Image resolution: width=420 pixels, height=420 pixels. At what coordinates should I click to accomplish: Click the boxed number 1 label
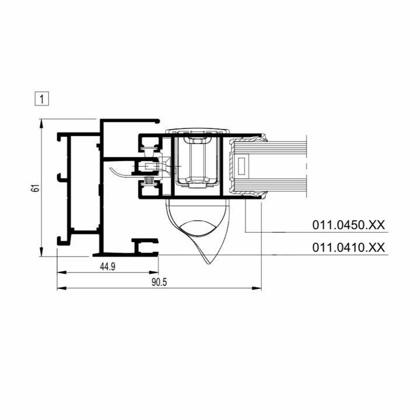(x=42, y=99)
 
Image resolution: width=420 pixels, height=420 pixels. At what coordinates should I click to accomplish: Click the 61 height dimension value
(x=35, y=188)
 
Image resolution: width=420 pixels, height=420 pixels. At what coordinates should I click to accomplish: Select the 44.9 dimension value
(x=108, y=266)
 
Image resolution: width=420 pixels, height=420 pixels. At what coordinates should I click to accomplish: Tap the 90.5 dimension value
(x=159, y=282)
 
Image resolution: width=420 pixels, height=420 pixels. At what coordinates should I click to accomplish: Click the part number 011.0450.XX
(x=348, y=225)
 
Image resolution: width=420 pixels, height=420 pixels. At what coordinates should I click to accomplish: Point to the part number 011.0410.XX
(x=348, y=247)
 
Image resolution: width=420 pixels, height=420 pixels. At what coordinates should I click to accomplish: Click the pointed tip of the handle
(x=211, y=263)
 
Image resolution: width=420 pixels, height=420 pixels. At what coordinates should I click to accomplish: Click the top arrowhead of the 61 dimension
(x=41, y=123)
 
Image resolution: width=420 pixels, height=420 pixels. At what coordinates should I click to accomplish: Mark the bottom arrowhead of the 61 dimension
(x=41, y=252)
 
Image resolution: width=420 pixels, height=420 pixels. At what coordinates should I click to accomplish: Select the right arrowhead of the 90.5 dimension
(x=257, y=288)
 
